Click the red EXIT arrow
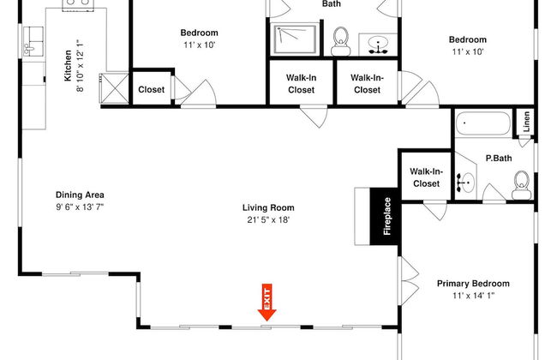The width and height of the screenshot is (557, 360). coord(267,302)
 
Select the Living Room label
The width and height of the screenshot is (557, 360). coord(268,207)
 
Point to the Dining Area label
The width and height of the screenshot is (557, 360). coord(80,195)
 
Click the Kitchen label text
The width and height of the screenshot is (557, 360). coord(68,66)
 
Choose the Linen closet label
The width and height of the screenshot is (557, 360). coord(526,121)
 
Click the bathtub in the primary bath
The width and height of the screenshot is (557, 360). coord(483,123)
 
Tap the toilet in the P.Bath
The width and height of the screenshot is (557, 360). coord(522,185)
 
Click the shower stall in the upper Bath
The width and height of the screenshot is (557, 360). coord(295,39)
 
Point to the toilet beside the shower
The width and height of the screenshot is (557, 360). coord(341,41)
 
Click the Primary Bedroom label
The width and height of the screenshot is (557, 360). coord(473,284)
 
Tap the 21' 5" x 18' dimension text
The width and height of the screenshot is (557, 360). coord(268,220)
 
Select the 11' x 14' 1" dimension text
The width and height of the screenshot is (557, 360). coord(474,296)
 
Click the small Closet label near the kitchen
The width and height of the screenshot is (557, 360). coord(152,89)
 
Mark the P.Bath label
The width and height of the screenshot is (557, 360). coord(499,159)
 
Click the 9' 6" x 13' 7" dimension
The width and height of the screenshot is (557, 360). coord(80,207)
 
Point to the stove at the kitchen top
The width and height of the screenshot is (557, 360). coord(78,5)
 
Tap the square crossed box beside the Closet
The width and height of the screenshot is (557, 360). coord(114,88)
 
